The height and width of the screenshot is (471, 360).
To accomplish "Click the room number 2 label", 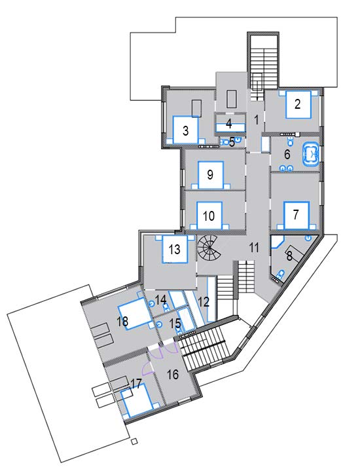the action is click(297, 104).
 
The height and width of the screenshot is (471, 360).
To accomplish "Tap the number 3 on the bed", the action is click(185, 130).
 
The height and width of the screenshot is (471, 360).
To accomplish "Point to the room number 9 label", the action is click(210, 174).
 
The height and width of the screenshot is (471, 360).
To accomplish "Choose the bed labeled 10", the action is click(209, 216).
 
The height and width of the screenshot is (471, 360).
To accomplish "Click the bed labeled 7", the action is click(297, 216).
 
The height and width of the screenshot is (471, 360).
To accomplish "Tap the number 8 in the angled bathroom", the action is click(289, 257).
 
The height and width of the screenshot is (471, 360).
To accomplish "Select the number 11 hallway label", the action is click(255, 248).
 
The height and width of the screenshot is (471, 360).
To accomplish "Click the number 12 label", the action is click(204, 301).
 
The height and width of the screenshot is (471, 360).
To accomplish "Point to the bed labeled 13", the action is click(175, 249).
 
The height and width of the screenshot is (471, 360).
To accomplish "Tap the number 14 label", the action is click(161, 299).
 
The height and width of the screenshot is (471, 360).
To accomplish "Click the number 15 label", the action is click(175, 323).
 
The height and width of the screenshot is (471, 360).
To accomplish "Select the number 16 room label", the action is click(173, 375).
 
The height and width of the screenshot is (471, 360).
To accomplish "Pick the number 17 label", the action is click(136, 384).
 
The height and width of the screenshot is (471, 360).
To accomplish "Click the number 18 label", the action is click(123, 321).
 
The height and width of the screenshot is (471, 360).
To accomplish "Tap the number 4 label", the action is click(229, 123).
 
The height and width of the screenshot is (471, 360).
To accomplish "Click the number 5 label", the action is click(232, 141).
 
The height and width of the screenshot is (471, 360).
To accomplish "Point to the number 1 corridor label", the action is click(257, 120).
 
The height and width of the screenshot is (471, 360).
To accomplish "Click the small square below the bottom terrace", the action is click(135, 442).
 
